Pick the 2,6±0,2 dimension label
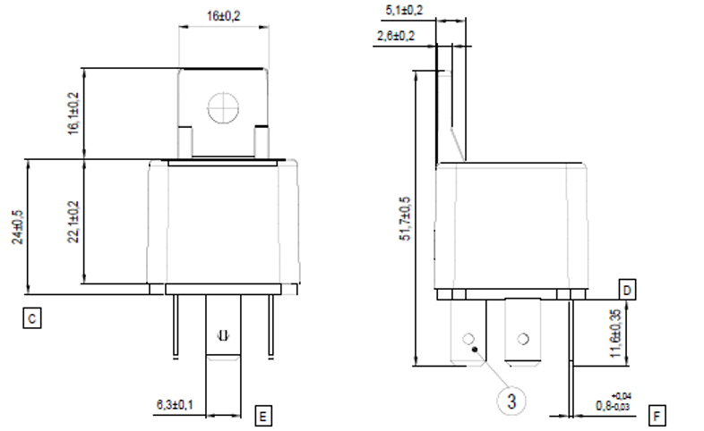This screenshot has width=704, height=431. (396, 36)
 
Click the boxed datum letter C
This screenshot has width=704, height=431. (31, 317)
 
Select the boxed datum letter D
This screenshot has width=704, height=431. (628, 291)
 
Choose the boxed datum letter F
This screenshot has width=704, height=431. (657, 416)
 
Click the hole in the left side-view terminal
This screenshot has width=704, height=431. (467, 339)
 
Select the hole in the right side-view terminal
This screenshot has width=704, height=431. (522, 340)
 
